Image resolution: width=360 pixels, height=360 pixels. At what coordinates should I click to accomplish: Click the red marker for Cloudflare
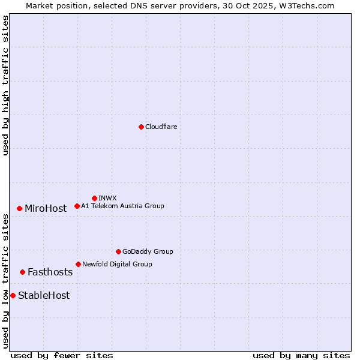pos(141,127)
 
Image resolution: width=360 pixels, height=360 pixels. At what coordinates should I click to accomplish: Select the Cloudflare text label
pos(161,127)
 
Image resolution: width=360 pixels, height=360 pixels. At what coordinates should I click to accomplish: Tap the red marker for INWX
pos(94,198)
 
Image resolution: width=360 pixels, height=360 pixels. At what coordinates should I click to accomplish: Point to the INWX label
pos(107,198)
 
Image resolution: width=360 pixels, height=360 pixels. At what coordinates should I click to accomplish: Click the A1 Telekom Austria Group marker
pos(77,206)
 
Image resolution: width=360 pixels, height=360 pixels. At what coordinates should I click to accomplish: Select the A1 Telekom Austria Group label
pos(122,206)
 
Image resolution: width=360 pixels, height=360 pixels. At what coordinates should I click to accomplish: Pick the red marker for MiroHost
pos(19,208)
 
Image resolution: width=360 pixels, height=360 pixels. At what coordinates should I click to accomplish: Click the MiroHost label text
pos(46,209)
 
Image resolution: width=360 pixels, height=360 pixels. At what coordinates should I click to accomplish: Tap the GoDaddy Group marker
pos(118,251)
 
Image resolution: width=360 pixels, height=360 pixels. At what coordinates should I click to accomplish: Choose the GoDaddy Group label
pos(148,251)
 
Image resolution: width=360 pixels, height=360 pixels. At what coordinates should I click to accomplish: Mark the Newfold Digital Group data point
pos(78,264)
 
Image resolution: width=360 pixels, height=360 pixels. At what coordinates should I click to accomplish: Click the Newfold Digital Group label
pos(117,264)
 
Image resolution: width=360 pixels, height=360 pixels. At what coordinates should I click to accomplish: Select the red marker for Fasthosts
pos(22,272)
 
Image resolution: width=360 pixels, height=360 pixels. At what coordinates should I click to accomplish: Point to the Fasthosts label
pos(50,272)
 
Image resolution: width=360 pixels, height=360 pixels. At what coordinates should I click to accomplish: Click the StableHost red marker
pos(13,295)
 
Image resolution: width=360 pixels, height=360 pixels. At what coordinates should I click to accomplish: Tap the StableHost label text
pos(44,295)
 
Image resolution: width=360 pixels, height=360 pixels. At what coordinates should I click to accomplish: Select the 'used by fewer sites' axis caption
pos(62,355)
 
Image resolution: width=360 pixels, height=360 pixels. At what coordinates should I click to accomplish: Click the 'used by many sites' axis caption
pos(301,355)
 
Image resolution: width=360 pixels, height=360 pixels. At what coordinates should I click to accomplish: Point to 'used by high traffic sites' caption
pos(5,85)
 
